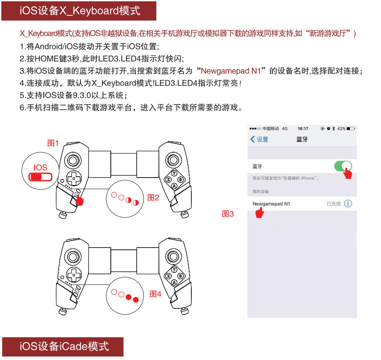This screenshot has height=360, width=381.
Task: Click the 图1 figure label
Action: click(x=53, y=143)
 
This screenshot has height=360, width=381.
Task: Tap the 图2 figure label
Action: click(x=153, y=197)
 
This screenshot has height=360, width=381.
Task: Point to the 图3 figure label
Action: click(x=228, y=213)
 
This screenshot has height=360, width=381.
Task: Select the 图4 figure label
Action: click(x=155, y=294)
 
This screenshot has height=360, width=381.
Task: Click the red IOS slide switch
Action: click(x=40, y=177)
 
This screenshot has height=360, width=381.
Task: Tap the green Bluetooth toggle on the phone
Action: click(x=343, y=166)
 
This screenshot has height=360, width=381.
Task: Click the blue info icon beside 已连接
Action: click(x=348, y=204)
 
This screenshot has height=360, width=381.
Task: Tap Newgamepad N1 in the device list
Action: click(x=271, y=204)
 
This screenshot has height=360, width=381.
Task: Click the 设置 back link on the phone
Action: click(x=259, y=140)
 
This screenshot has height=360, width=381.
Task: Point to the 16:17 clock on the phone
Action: click(x=303, y=129)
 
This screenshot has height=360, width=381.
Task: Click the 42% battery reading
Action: click(x=341, y=129)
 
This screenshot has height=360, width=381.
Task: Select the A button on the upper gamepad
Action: click(x=174, y=186)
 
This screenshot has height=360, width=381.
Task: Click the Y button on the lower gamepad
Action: click(x=174, y=270)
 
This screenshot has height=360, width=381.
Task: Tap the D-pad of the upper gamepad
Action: click(x=74, y=178)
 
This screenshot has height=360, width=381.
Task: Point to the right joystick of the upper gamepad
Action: click(x=173, y=160)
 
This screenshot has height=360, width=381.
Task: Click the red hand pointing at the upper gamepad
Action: click(x=79, y=200)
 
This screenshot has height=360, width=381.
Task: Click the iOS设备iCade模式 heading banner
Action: click(x=63, y=346)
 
